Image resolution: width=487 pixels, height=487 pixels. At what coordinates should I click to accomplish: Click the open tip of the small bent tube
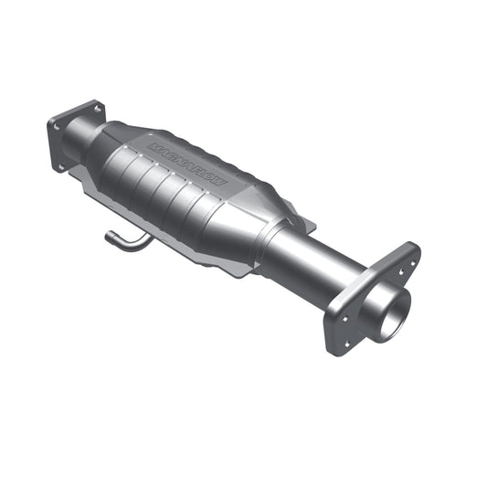point(106,235)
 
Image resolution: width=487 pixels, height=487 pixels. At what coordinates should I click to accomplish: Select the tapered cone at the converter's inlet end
point(110,142)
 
